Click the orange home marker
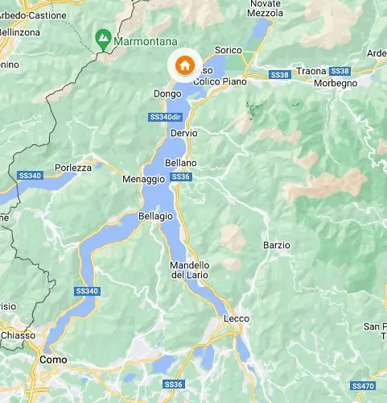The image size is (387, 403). tap(184, 65)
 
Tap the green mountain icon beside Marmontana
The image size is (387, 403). tap(103, 37)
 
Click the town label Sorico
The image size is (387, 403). tap(228, 50)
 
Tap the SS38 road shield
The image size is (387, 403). tap(279, 75)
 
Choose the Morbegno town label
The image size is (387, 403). tap(335, 83)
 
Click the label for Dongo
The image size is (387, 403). tap(165, 93)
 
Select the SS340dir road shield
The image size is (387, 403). tap(165, 117)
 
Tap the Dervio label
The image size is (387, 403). tap(183, 133)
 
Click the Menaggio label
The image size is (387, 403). tap(138, 179)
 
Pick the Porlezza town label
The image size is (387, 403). tap(72, 168)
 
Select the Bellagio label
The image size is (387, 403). tap(155, 216)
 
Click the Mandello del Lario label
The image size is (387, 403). tap(190, 270)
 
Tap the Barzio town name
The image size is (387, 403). tap(276, 244)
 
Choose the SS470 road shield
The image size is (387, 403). tap(364, 386)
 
